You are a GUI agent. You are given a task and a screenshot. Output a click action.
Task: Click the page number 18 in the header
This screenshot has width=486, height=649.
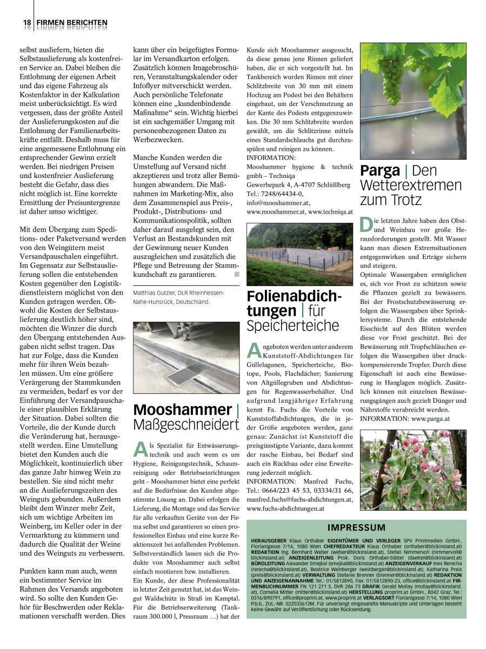[x=26, y=23]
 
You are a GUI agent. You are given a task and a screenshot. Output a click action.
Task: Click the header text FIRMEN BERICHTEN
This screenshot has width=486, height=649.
[x=72, y=23]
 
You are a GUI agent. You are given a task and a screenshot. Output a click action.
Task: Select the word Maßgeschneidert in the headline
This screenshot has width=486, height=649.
[x=186, y=425]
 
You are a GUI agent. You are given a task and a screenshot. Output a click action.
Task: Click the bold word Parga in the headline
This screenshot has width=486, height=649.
[x=380, y=171]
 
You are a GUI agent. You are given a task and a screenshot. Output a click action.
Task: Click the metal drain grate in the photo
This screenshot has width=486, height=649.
[x=184, y=374]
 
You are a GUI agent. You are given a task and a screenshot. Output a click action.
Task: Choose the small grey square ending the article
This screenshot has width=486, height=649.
[x=236, y=275]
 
